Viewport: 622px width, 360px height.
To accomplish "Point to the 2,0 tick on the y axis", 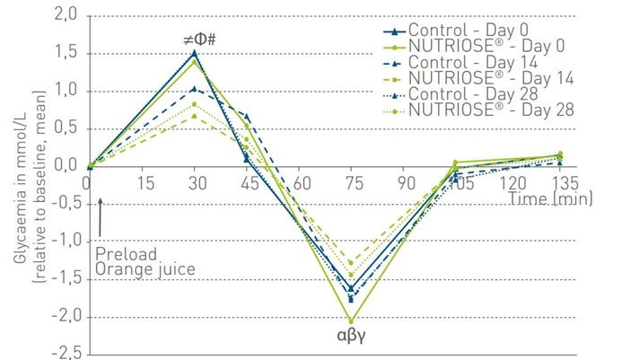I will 66,15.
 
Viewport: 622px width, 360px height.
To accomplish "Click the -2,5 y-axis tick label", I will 62,352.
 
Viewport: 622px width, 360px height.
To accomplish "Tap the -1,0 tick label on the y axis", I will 62,241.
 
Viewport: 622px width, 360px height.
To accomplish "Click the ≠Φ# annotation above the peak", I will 195,40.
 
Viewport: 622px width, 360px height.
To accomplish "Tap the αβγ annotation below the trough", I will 350,338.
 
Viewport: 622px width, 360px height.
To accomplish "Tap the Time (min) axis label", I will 548,197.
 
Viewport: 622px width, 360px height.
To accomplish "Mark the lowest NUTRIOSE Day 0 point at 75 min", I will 351,320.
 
